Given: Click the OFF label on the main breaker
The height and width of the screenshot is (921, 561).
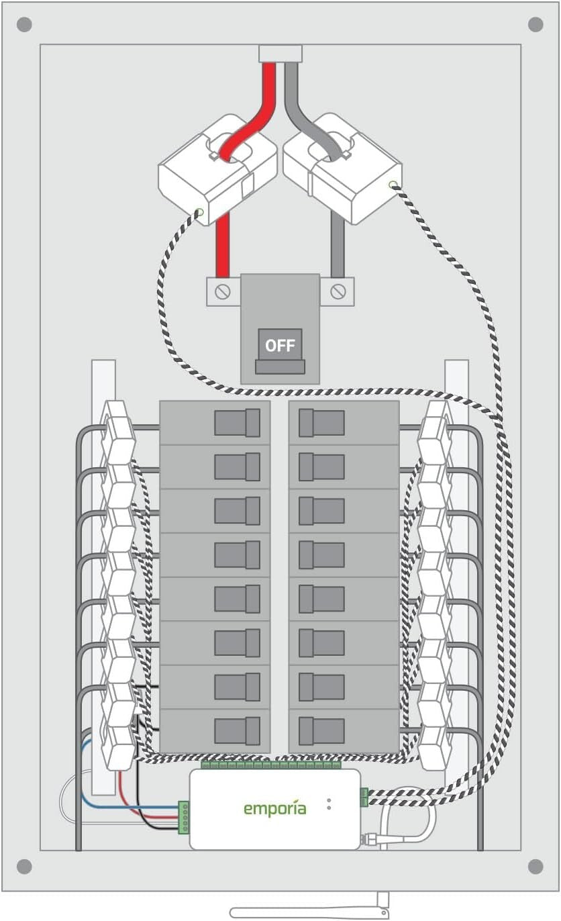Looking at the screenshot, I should pos(280,346).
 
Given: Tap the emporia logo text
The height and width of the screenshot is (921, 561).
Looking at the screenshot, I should pos(274,808).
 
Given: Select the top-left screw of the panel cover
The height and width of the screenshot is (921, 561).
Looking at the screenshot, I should pos(23,25).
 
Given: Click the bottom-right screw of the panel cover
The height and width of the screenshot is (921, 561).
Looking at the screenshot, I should pos(535,867).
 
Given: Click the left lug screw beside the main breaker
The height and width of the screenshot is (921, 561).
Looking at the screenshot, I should pos(223,292).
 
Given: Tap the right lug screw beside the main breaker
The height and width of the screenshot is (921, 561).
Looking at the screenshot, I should pos(338,291).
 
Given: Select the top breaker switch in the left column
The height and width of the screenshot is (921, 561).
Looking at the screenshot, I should pos(237,423).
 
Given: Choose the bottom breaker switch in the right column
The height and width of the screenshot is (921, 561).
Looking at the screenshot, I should pos(321,730).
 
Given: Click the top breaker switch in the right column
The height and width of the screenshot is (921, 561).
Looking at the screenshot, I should pos(321,423).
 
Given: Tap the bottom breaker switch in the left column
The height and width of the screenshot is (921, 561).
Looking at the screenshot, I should pos(237,730).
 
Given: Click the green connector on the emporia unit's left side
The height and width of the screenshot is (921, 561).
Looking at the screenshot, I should pos(183,817).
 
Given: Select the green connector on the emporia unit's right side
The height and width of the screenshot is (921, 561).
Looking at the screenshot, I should pos(364,797).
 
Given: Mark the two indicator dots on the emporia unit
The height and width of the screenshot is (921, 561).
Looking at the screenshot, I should pos(329,804).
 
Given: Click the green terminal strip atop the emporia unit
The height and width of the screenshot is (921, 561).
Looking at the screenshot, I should pos(271,765).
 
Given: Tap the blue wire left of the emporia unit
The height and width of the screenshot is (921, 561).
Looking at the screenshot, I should pos(121,806).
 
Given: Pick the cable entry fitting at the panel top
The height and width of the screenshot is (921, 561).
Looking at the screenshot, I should pos(280,54).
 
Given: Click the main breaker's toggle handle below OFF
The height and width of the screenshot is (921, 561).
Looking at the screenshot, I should pos(280,367).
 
